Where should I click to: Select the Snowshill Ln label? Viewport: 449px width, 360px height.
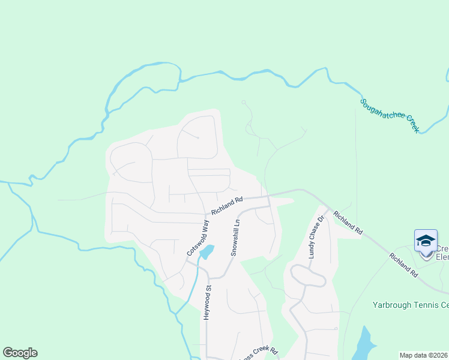pos(236,238)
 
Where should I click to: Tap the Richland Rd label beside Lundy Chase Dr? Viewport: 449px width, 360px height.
pos(348,222)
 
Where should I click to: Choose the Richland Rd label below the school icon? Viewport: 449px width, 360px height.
pos(403,264)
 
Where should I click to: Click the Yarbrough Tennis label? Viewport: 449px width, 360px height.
pos(410,305)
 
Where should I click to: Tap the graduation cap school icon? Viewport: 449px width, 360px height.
pos(426,241)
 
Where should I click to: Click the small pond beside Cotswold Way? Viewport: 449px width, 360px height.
pos(206,251)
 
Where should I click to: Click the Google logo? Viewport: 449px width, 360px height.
pos(20,353)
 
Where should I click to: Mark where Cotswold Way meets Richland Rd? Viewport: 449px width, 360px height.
pos(207,213)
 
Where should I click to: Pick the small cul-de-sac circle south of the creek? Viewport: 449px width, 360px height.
pos(244,102)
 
